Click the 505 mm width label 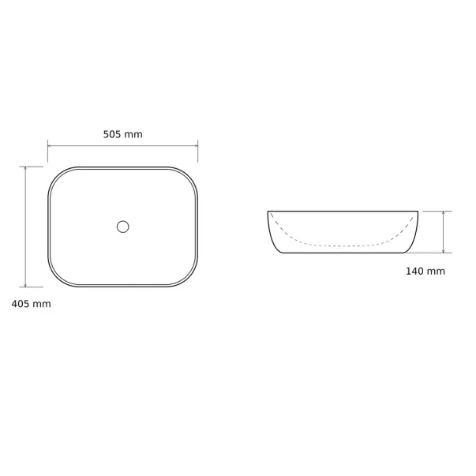coord(122,134)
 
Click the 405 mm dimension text coord(32,304)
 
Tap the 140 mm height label coord(425,271)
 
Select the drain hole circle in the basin coord(123,227)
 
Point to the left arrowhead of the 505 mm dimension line coord(50,146)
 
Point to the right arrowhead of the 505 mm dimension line coord(196,146)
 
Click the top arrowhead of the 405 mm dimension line coord(25,168)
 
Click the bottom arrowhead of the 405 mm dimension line coord(25,285)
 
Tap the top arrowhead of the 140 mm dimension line coord(444,213)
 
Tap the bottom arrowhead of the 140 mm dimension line coord(444,251)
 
